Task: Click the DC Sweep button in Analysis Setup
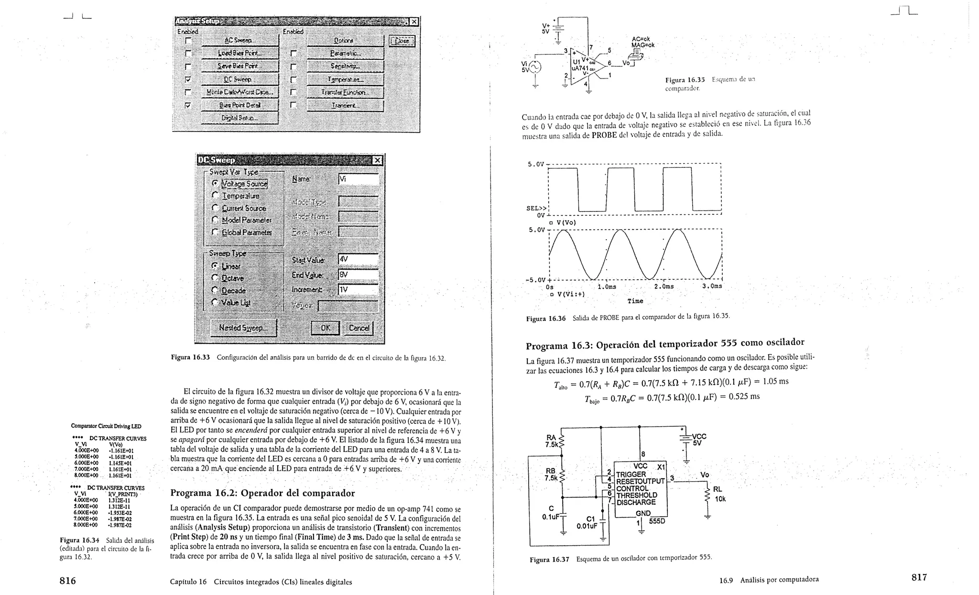point(239,79)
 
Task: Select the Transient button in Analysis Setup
point(345,106)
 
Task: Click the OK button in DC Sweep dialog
point(325,328)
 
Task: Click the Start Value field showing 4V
point(358,259)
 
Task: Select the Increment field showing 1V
point(358,290)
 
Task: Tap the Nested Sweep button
point(243,328)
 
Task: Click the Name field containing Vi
point(358,179)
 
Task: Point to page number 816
point(67,581)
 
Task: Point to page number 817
point(919,577)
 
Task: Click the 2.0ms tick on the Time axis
point(664,286)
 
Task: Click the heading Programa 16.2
point(262,493)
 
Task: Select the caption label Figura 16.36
point(545,319)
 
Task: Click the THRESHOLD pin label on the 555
point(636,496)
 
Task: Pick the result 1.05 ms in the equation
point(775,382)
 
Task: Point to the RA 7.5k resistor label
point(551,441)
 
